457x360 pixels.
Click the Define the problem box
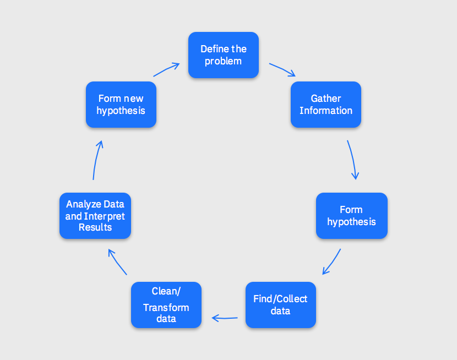(x=224, y=55)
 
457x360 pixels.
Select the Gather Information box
(x=326, y=105)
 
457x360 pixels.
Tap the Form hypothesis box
(x=351, y=216)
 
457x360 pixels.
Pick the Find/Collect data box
(x=280, y=305)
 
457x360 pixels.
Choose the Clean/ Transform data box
(x=166, y=305)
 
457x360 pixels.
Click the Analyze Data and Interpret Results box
(x=95, y=216)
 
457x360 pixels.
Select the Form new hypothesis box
(x=121, y=105)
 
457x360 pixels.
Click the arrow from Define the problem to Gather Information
(x=282, y=69)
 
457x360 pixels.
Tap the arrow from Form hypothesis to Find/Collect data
(x=332, y=261)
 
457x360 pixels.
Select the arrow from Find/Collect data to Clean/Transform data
(x=225, y=318)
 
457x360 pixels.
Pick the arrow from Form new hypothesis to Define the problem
(x=166, y=69)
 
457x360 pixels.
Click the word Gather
(x=326, y=99)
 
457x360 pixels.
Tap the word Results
(x=95, y=227)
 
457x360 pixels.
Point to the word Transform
(x=166, y=308)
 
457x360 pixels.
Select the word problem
(x=224, y=61)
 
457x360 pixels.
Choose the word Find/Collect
(x=280, y=299)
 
